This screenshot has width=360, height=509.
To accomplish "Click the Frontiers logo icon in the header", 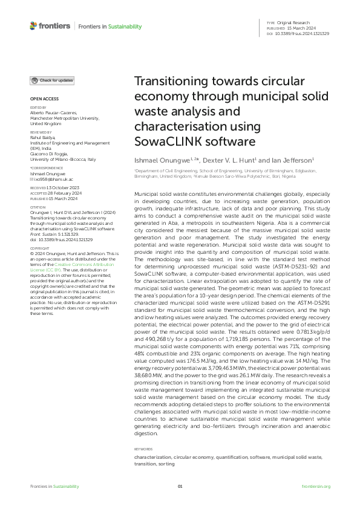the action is point(33,26).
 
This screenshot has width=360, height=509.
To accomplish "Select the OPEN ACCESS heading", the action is point(42,98).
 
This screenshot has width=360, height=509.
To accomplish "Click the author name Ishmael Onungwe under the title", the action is point(158,161).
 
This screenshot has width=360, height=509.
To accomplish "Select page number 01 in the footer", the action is point(180,487).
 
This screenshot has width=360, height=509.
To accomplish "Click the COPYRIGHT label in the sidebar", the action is point(40,265).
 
